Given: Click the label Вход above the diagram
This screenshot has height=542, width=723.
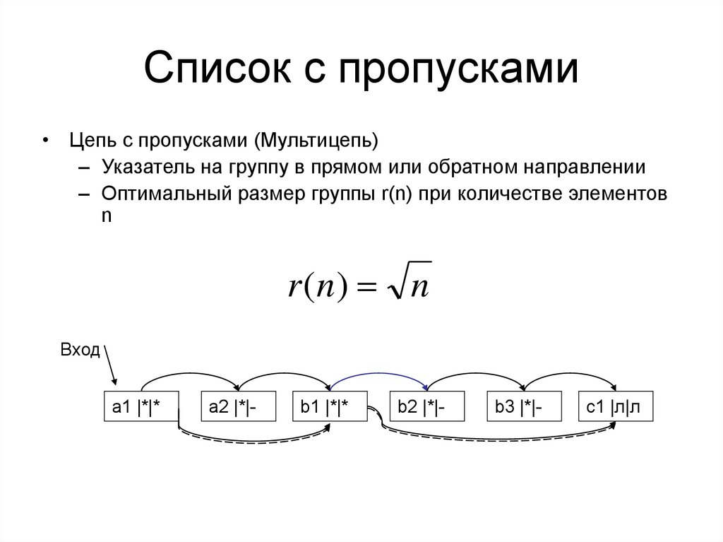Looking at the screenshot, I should click(x=80, y=351).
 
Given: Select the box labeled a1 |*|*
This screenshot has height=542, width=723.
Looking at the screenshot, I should click(x=141, y=407).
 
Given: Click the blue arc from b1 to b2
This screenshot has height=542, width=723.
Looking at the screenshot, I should click(x=379, y=375).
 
